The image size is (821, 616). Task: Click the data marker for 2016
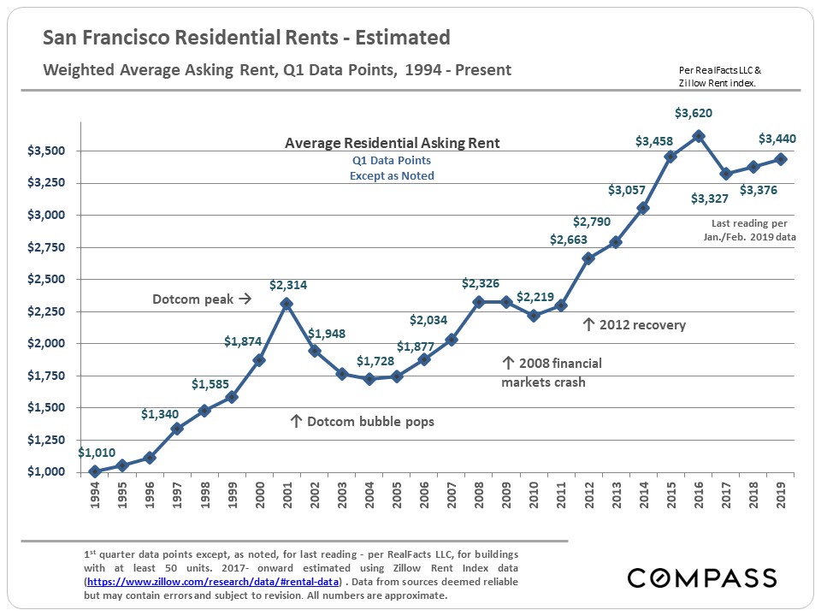(698, 136)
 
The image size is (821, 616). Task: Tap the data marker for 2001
(286, 304)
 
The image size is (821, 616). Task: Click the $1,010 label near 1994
(97, 453)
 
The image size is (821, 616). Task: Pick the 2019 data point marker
(780, 159)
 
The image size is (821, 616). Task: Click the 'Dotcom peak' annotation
(201, 299)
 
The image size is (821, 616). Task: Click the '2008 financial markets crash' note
(551, 372)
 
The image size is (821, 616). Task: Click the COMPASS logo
(701, 577)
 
